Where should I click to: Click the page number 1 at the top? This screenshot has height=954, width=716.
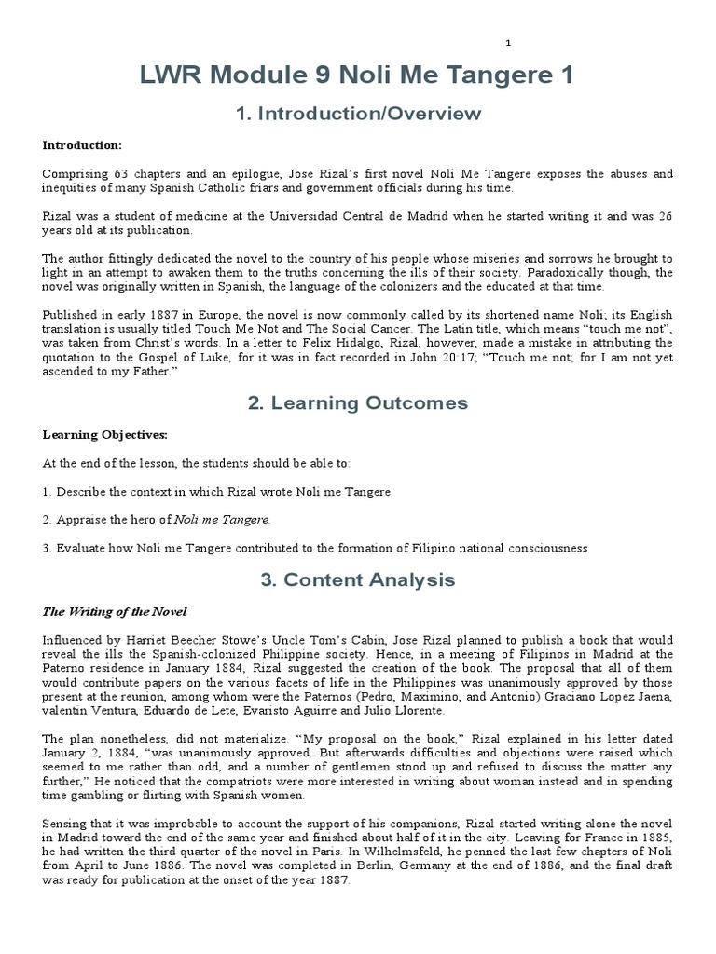tap(508, 43)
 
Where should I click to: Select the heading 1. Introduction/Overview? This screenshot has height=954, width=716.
tap(358, 115)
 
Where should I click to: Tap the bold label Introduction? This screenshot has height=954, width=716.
tap(81, 145)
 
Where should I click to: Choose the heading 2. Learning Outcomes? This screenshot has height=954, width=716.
tap(358, 403)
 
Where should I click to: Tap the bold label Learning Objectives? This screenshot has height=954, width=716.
tap(104, 434)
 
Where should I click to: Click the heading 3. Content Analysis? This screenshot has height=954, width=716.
tap(358, 579)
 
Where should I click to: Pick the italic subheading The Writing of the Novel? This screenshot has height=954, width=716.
tap(115, 611)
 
